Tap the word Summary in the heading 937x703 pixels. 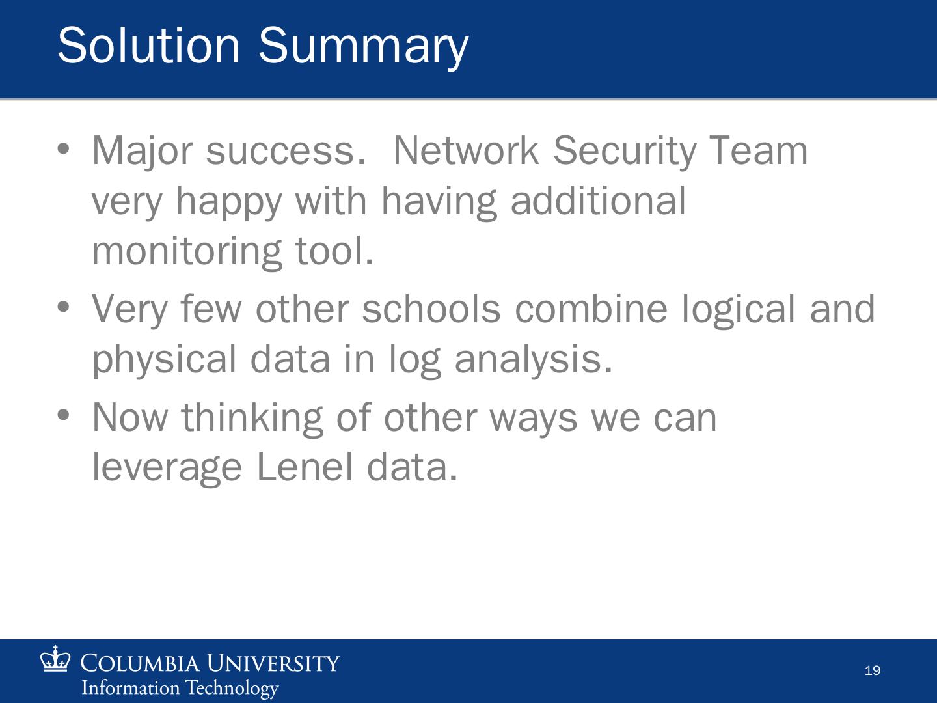(363, 48)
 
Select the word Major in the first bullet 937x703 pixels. (143, 152)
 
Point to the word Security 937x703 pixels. (625, 152)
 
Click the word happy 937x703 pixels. (229, 202)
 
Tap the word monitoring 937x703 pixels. (187, 253)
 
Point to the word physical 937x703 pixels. (165, 361)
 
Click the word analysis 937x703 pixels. (534, 361)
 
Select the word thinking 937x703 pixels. (252, 419)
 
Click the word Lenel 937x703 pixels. (305, 467)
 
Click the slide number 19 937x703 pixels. (873, 670)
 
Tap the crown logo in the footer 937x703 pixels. (55, 659)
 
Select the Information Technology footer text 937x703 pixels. (180, 688)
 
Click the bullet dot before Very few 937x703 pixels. (63, 307)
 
